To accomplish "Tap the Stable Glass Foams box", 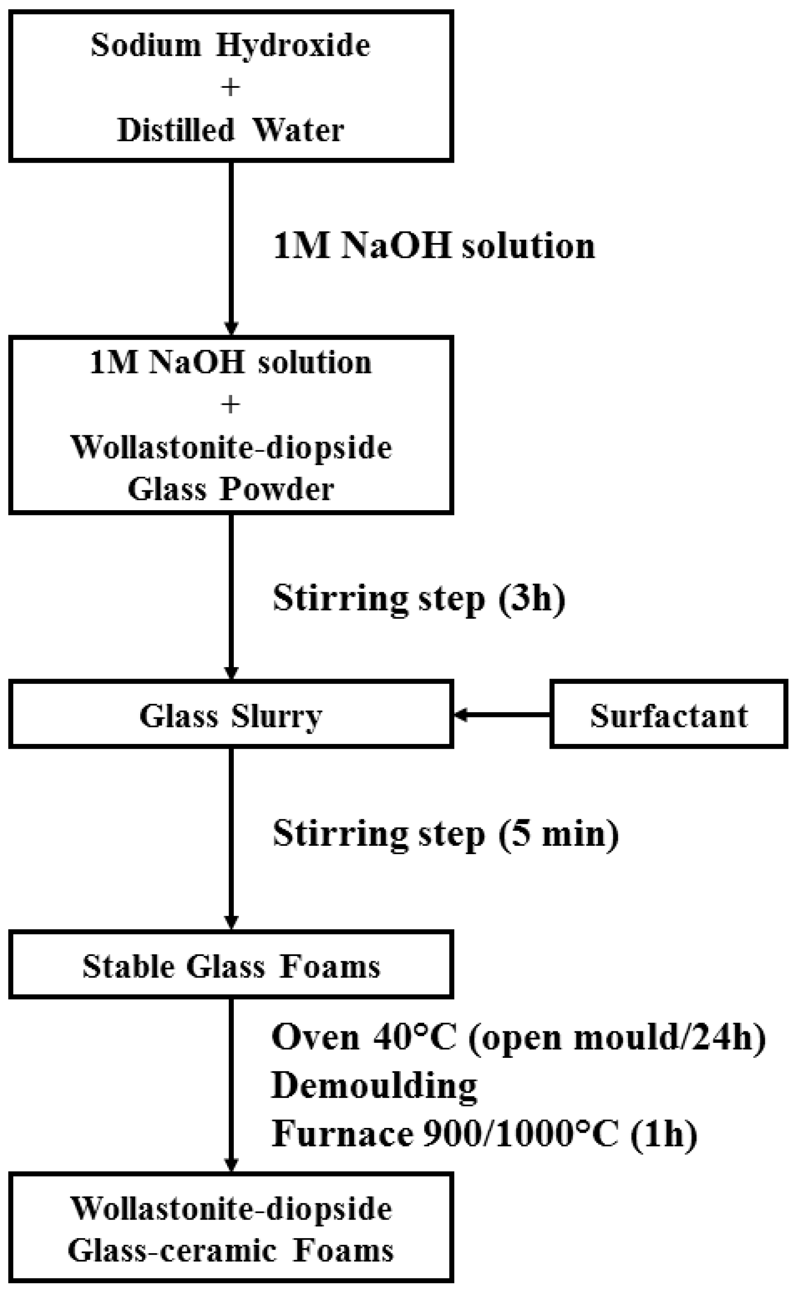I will pyautogui.click(x=231, y=967).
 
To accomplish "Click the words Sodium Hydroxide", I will pyautogui.click(x=231, y=45).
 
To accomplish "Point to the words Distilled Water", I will pyautogui.click(x=231, y=130).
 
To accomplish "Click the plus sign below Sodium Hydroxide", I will pyautogui.click(x=231, y=87).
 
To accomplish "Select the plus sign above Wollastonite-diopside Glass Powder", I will pyautogui.click(x=231, y=405).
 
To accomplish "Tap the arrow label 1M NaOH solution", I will pyautogui.click(x=434, y=246).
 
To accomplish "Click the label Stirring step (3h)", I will pyautogui.click(x=419, y=598).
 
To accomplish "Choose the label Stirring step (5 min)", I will pyautogui.click(x=445, y=834).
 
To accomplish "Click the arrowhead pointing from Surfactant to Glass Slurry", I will pyautogui.click(x=461, y=715).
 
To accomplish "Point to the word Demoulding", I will pyautogui.click(x=374, y=1085).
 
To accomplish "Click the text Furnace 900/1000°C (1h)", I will pyautogui.click(x=484, y=1133).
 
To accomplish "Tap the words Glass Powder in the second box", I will pyautogui.click(x=231, y=489).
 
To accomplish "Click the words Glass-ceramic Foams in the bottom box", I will pyautogui.click(x=231, y=1251).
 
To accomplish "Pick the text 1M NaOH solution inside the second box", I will pyautogui.click(x=231, y=362).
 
